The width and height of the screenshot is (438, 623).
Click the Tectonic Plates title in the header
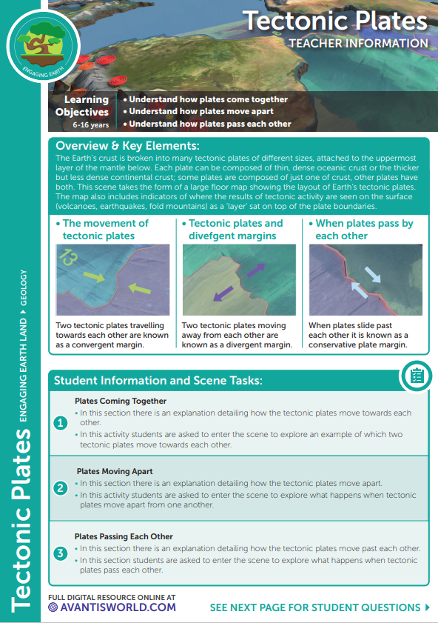click(335, 20)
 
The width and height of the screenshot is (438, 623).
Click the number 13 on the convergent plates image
click(69, 259)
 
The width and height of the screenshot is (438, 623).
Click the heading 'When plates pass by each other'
click(364, 230)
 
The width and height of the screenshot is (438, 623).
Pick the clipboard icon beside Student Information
click(415, 376)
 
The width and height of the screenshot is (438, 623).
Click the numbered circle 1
click(61, 423)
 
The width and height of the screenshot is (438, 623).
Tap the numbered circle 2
click(61, 487)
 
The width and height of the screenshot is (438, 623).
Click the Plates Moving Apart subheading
click(115, 471)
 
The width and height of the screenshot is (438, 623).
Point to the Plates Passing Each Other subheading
click(124, 536)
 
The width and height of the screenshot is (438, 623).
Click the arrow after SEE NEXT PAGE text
click(427, 607)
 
